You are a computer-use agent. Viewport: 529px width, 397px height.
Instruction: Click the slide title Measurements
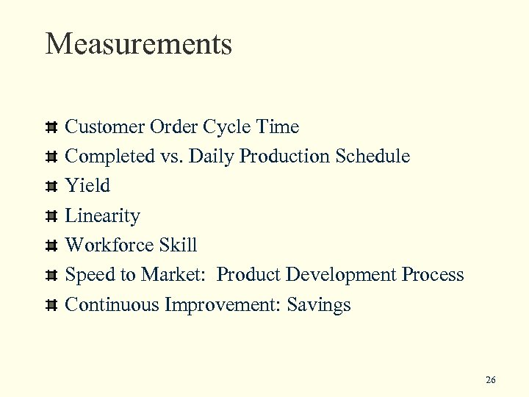tap(139, 44)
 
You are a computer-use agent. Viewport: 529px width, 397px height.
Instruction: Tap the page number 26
tap(491, 379)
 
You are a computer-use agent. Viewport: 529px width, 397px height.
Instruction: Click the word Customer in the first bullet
tap(105, 127)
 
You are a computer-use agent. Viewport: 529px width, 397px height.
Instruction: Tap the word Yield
tap(87, 186)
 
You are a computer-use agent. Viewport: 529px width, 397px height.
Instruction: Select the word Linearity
tap(102, 216)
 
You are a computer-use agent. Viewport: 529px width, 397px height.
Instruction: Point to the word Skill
tap(177, 246)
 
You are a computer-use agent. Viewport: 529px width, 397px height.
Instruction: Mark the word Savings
tap(319, 305)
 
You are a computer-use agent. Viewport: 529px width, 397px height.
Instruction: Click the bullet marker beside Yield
tap(51, 187)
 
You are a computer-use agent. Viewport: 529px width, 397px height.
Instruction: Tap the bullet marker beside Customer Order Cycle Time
tap(51, 128)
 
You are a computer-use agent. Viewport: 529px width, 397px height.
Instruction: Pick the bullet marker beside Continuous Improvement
tap(51, 305)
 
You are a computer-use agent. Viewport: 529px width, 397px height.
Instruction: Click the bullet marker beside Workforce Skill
tap(51, 246)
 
